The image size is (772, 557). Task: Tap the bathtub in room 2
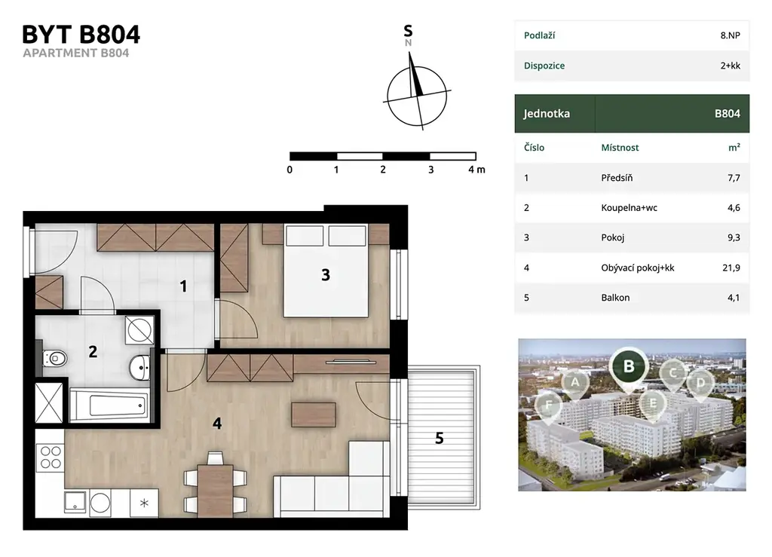[x=109, y=406]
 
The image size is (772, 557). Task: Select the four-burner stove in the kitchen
[x=51, y=457]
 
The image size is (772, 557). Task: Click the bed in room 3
[x=326, y=271]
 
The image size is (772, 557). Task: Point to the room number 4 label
[x=217, y=423]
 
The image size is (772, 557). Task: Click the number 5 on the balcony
[x=440, y=438]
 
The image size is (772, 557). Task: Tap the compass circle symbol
[x=417, y=96]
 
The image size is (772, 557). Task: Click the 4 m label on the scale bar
[x=476, y=170]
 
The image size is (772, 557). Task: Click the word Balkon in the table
[x=615, y=298]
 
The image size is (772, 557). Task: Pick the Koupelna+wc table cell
[x=630, y=207]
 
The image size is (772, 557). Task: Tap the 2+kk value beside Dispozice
[x=730, y=66]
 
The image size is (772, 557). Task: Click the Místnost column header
[x=620, y=148]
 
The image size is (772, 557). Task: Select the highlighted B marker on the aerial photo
[x=629, y=366]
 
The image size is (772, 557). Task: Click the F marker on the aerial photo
[x=548, y=406]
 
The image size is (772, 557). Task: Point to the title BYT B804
[x=81, y=35]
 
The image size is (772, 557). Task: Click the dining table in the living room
[x=215, y=491]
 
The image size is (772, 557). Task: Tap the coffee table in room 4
[x=314, y=415]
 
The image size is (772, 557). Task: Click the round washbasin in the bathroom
[x=139, y=368]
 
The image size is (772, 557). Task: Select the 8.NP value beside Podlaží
[x=730, y=35]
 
